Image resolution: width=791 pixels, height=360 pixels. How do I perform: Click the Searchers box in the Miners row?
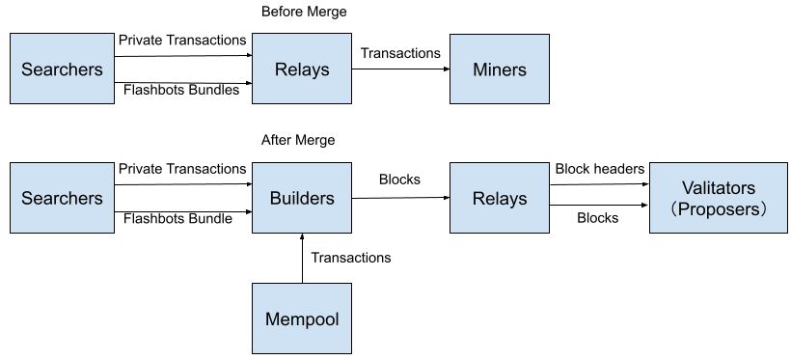[62, 69]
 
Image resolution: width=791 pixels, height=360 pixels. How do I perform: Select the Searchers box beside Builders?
[62, 198]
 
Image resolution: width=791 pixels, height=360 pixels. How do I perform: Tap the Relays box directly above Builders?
[302, 69]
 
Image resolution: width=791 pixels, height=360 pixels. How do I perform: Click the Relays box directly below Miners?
[500, 198]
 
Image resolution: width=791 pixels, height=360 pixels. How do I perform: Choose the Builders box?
[302, 198]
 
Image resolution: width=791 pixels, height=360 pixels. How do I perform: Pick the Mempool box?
[302, 318]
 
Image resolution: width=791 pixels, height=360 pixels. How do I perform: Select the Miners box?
[500, 69]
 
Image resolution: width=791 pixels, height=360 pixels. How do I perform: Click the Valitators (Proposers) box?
[718, 198]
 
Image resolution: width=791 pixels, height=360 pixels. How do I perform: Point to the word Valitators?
[718, 187]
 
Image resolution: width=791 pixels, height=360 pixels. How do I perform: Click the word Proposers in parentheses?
[719, 208]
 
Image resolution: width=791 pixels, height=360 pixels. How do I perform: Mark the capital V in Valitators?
[687, 187]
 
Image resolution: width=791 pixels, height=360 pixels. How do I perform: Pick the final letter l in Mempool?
[337, 318]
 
